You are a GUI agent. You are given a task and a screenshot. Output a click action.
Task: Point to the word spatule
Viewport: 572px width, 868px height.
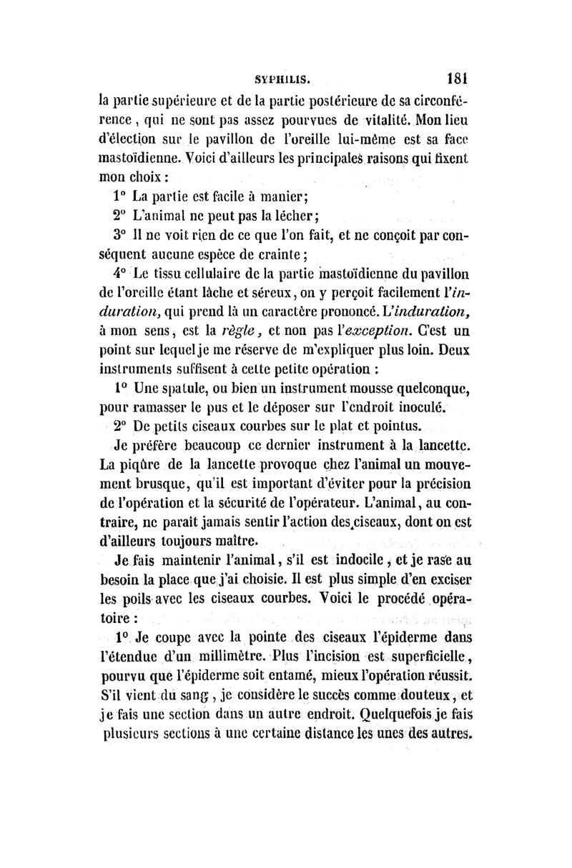(177, 390)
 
